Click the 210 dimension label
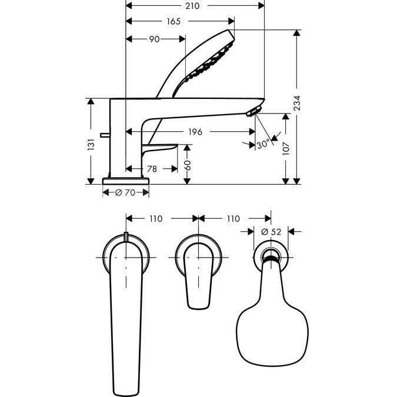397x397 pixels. [192, 6]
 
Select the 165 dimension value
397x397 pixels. [174, 21]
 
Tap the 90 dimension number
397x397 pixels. [154, 39]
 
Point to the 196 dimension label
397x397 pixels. [195, 132]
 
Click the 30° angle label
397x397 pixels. [263, 145]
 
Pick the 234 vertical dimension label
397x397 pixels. [296, 103]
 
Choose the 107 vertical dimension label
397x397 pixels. [286, 148]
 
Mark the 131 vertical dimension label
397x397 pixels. [91, 145]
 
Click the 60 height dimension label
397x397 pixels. [187, 165]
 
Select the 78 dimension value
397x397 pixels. [152, 169]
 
